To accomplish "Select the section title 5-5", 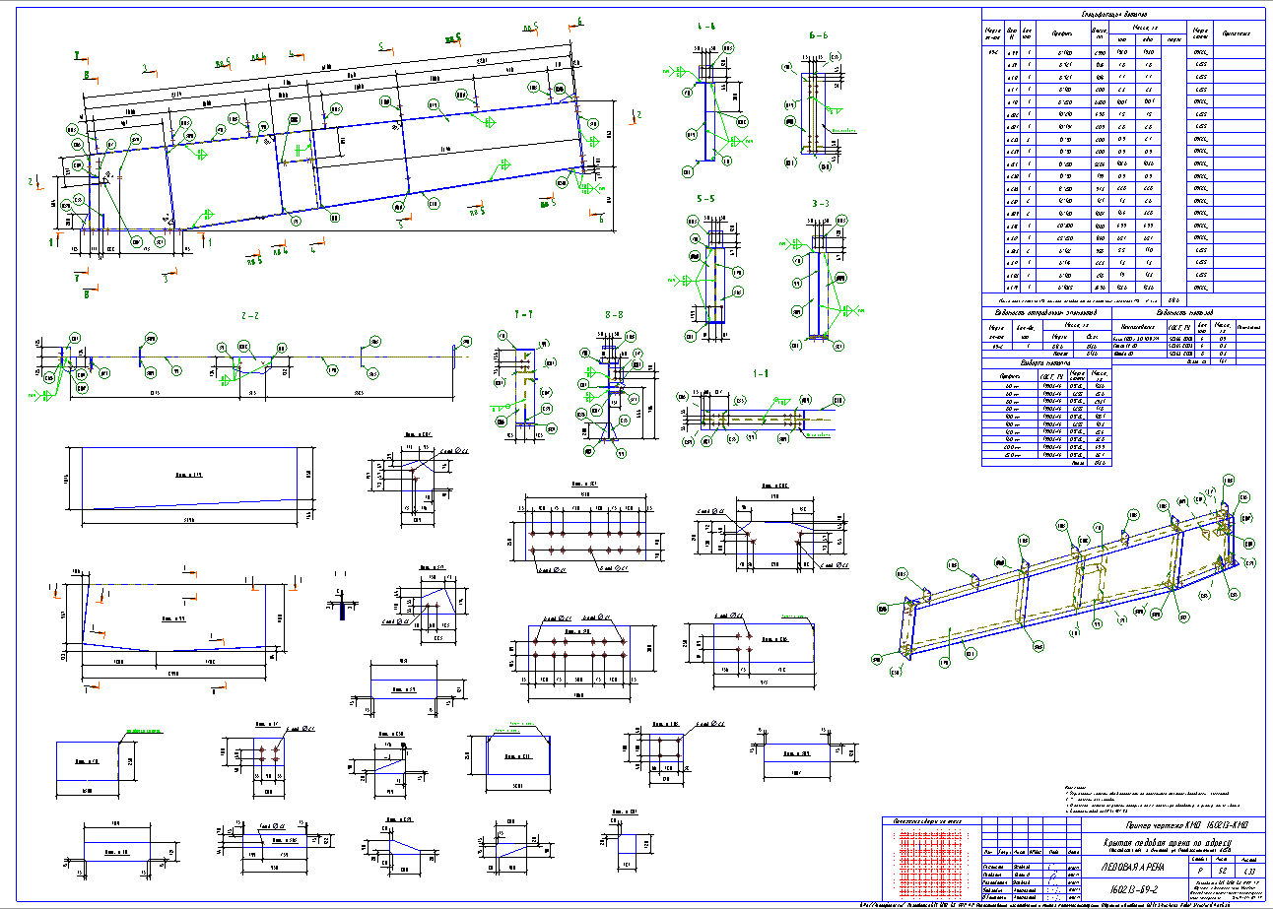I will pos(704,199).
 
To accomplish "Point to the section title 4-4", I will pos(704,26).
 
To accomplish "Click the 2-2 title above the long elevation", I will pos(249,316).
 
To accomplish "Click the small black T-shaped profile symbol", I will pos(343,605).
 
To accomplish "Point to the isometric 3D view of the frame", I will pos(1069,581).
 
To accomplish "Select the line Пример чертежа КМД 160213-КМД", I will pos(1172,822).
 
